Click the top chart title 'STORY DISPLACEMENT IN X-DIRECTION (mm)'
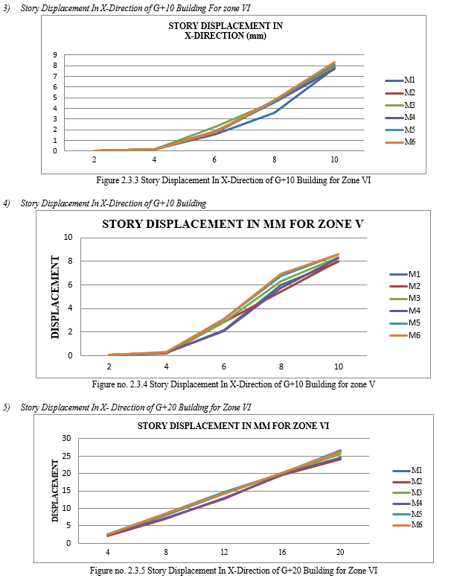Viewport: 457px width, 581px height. click(x=225, y=31)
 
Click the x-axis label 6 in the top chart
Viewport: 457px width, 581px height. click(x=214, y=160)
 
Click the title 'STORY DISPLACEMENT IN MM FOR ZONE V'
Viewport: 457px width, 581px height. click(x=232, y=224)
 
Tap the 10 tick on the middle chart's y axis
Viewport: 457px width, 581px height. click(x=68, y=238)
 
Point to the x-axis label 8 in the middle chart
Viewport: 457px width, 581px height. click(x=281, y=366)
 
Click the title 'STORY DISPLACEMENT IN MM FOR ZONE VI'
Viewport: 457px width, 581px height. click(x=234, y=426)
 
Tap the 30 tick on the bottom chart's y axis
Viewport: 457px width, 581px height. click(x=66, y=439)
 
